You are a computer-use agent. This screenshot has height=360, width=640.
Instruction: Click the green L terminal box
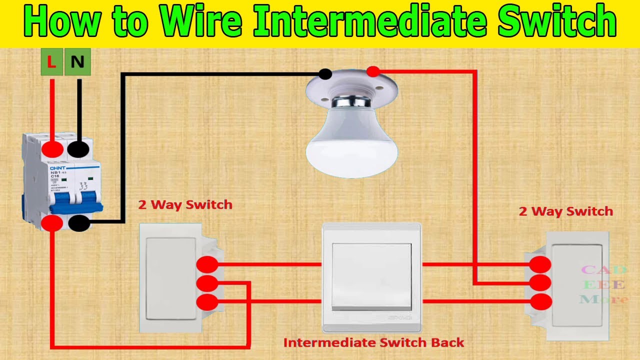pos(52,62)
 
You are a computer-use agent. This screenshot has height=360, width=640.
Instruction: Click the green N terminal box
pos(77,62)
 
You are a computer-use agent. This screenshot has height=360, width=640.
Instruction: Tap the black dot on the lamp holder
pos(325,74)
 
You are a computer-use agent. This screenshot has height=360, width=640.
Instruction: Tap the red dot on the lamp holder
pos(372,71)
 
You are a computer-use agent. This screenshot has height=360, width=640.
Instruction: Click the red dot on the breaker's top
pos(52,149)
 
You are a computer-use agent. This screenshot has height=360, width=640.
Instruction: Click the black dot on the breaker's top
pos(78,149)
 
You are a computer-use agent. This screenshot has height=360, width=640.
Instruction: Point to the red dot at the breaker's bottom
pos(52,223)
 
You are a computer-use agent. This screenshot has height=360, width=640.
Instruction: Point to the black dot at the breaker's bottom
pos(78,223)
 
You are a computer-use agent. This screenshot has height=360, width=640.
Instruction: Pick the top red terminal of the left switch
pos(207,264)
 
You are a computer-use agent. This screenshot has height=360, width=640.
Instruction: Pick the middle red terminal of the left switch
pos(207,283)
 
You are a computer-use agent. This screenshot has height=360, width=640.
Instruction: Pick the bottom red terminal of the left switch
pos(207,302)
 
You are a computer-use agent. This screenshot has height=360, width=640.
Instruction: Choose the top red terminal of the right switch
pos(540,264)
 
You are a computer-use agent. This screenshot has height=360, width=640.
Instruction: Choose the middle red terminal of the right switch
pos(540,283)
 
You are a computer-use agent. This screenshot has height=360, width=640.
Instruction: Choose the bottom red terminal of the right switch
pos(540,301)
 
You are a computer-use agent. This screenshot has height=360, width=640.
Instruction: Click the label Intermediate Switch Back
pos(373,343)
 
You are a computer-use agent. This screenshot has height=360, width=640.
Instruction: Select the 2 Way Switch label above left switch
pos(185,204)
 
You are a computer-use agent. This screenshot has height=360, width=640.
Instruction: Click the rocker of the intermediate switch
pos(371,276)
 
